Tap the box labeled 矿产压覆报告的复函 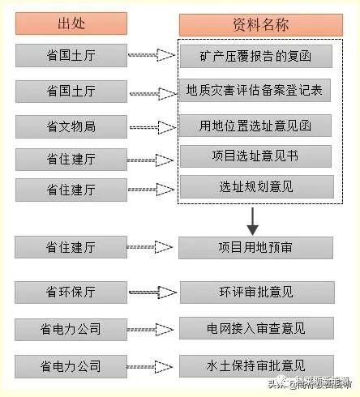(x=255, y=57)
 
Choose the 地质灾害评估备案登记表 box (x=255, y=90)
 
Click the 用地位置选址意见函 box (x=255, y=126)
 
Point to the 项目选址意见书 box (x=255, y=156)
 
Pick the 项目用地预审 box (x=255, y=247)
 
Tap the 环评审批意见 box (x=255, y=292)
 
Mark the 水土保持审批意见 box (x=255, y=365)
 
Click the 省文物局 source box (x=71, y=126)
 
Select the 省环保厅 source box (x=71, y=292)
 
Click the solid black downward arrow (x=254, y=220)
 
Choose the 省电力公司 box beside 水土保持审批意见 (x=71, y=365)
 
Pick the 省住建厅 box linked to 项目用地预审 (x=71, y=247)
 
